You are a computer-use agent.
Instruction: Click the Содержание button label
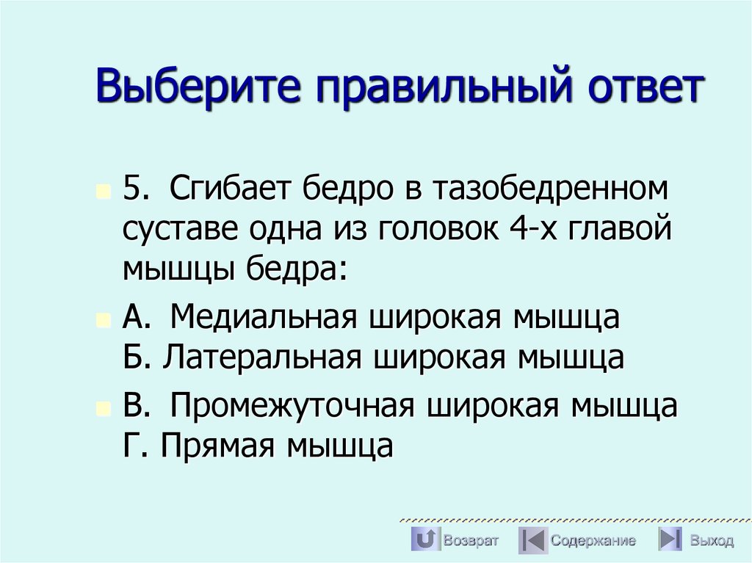point(593,541)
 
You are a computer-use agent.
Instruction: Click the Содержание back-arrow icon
point(532,540)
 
